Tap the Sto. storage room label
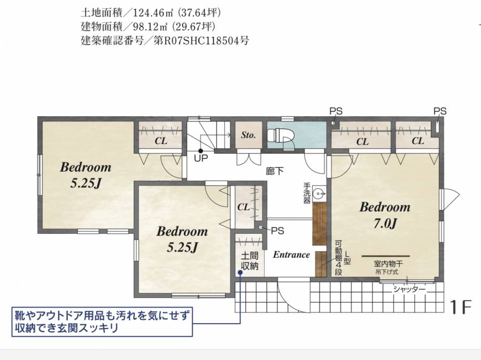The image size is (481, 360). tap(248, 135)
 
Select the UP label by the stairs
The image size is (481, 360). tap(201, 158)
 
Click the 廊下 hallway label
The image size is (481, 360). tap(275, 171)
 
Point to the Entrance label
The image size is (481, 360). tap(291, 255)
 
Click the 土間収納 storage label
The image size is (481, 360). tap(250, 261)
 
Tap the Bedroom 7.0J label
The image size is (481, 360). tap(385, 215)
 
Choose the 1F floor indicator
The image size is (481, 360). tap(461, 307)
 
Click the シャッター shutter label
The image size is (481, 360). tap(409, 289)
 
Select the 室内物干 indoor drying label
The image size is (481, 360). tap(388, 263)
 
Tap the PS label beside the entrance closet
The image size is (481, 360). tap(277, 231)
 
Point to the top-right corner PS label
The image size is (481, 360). tap(440, 111)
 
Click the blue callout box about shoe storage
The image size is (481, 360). tap(102, 321)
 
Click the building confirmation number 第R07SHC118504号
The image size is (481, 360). tap(201, 41)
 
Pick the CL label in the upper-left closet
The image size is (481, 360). tap(161, 141)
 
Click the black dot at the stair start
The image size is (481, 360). tap(200, 151)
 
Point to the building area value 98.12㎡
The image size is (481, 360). tap(150, 27)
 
